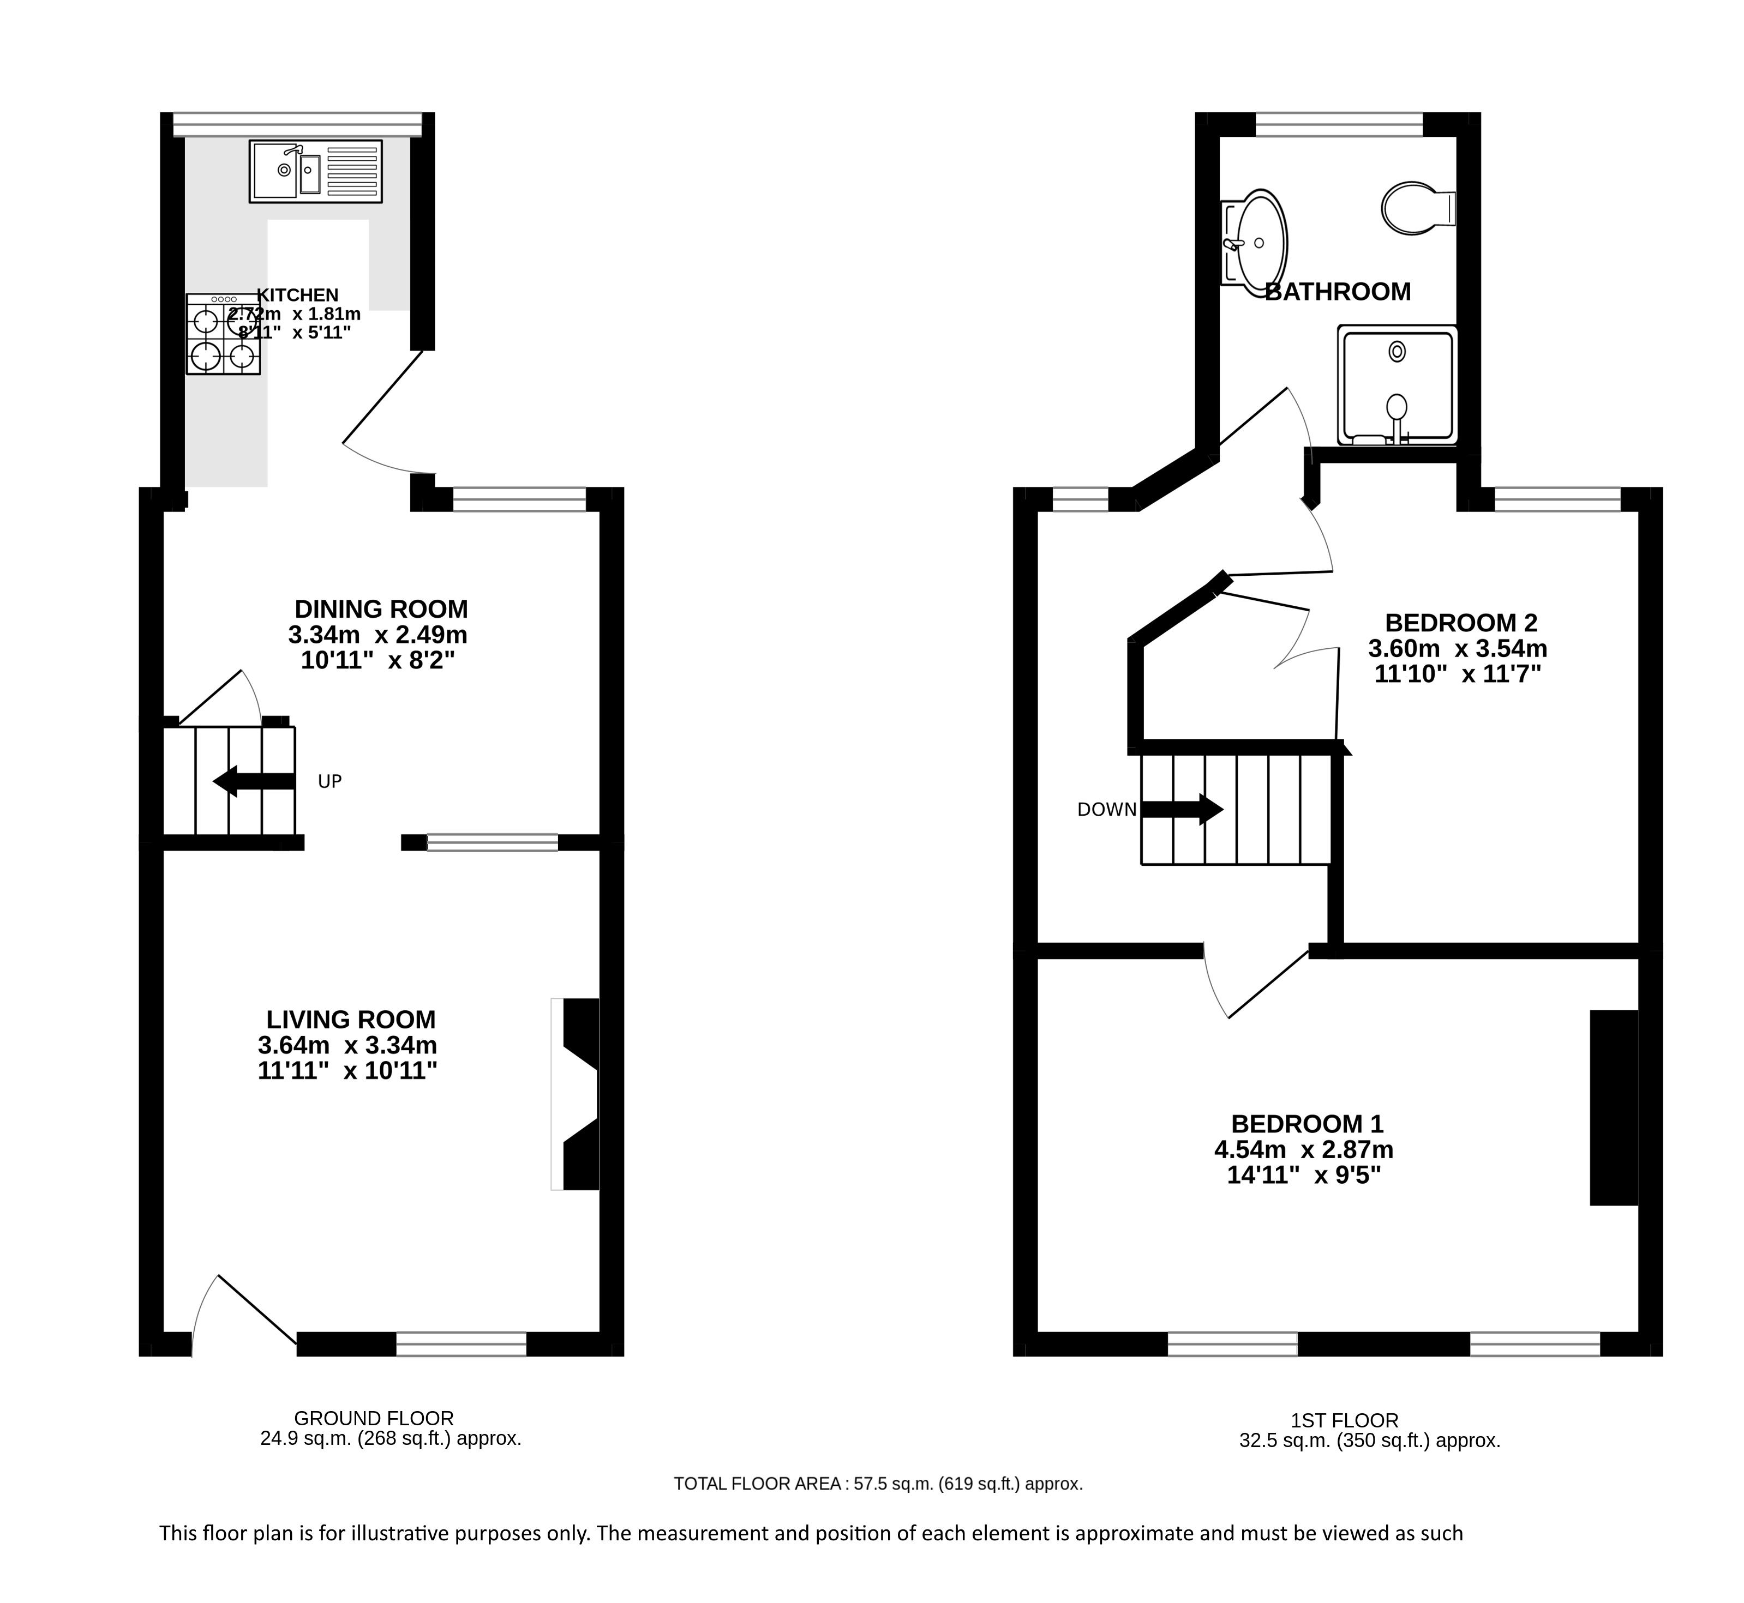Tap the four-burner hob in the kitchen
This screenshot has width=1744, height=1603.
coord(223,334)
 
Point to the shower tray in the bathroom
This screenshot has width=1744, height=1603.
coord(1397,385)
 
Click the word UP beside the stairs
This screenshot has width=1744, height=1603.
coord(329,781)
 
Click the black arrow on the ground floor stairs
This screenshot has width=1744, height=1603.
coord(254,781)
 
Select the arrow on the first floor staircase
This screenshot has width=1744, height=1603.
coord(1182,809)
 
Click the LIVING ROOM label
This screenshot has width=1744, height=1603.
coord(351,1019)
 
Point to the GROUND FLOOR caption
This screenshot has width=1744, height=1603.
coord(374,1418)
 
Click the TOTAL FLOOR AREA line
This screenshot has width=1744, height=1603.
coord(878,1484)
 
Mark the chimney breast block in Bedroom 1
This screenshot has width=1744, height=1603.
coord(1614,1108)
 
